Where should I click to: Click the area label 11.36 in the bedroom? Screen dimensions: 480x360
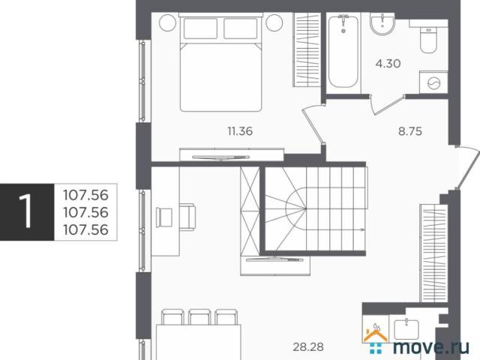pyautogui.click(x=240, y=131)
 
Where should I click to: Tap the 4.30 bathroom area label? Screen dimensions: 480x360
pyautogui.click(x=388, y=64)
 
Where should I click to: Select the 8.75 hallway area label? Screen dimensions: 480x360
pyautogui.click(x=410, y=131)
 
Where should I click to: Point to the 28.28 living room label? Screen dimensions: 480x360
pyautogui.click(x=308, y=347)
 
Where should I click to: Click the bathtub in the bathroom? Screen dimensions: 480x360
pyautogui.click(x=343, y=52)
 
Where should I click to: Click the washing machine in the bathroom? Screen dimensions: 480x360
pyautogui.click(x=433, y=82)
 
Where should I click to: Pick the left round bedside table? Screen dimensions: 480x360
pyautogui.click(x=168, y=22)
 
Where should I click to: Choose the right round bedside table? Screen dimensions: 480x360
pyautogui.click(x=274, y=22)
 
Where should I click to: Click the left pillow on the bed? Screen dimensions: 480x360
pyautogui.click(x=200, y=28)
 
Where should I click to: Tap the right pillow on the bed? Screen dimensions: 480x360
pyautogui.click(x=241, y=28)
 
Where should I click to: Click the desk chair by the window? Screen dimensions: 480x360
pyautogui.click(x=187, y=217)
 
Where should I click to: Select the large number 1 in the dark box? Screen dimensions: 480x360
pyautogui.click(x=25, y=211)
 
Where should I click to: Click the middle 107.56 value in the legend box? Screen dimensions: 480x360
pyautogui.click(x=85, y=212)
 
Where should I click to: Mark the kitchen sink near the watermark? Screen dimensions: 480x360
pyautogui.click(x=406, y=329)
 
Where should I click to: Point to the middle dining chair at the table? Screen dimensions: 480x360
pyautogui.click(x=199, y=317)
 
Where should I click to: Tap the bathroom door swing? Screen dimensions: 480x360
pyautogui.click(x=386, y=105)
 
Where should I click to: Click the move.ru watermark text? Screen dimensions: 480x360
pyautogui.click(x=431, y=346)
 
